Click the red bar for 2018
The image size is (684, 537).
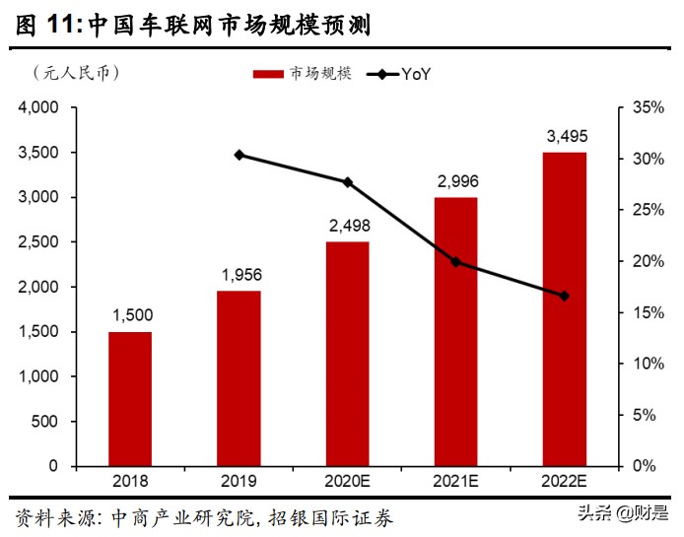click(130, 399)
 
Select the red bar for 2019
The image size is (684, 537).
click(239, 378)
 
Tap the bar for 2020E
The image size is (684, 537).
click(347, 354)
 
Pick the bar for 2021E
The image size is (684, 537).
click(455, 331)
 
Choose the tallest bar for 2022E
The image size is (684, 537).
click(564, 309)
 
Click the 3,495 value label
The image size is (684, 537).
click(564, 135)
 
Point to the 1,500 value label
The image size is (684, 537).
click(130, 314)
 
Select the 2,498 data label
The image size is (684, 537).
click(347, 225)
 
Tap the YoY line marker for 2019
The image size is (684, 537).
click(239, 155)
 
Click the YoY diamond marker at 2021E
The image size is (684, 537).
click(455, 262)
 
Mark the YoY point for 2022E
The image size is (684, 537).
click(564, 296)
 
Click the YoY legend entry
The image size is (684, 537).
click(399, 74)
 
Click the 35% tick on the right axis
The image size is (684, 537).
click(646, 107)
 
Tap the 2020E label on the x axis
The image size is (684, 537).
click(347, 482)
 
